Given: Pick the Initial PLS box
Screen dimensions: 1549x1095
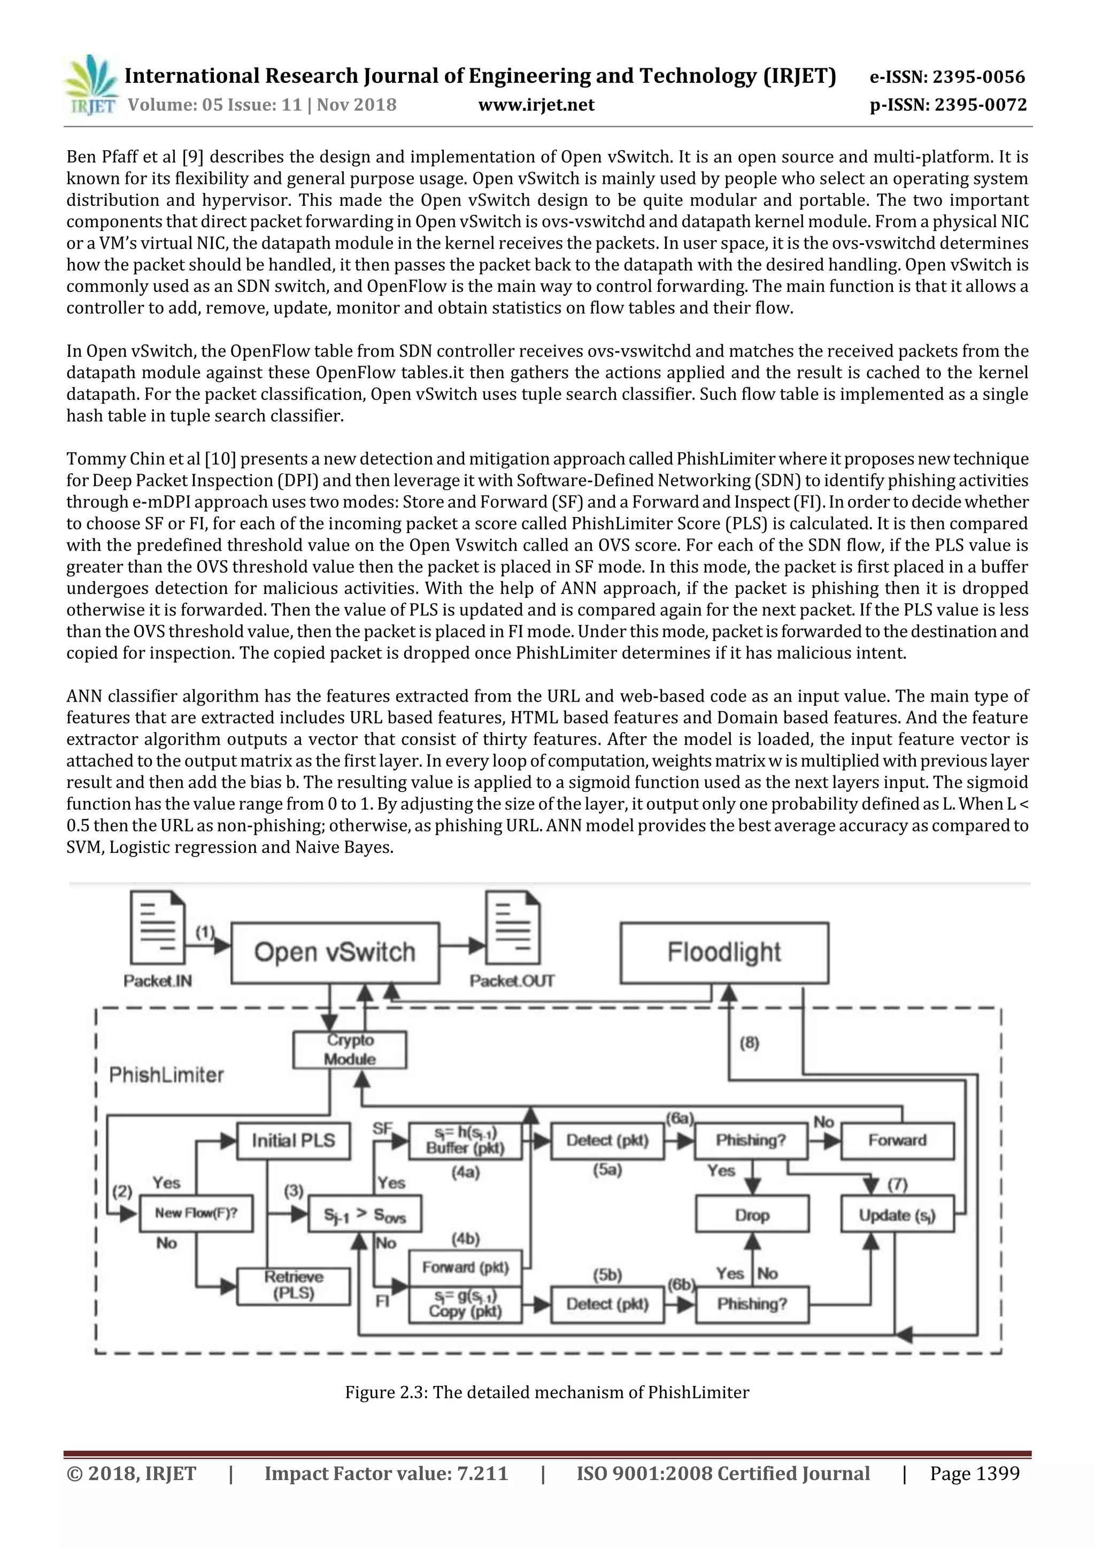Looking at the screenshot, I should [x=294, y=1140].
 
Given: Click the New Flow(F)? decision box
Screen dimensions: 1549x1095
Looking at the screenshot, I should [x=196, y=1213].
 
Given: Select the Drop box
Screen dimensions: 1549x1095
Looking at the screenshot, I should [x=752, y=1214].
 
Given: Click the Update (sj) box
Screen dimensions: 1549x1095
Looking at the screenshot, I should [x=897, y=1214].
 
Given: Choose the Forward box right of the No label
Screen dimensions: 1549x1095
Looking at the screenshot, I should [x=897, y=1140].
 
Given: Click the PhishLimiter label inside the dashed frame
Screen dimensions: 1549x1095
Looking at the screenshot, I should [x=166, y=1075].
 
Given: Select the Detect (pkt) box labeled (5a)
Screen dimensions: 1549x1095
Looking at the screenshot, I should [x=607, y=1140].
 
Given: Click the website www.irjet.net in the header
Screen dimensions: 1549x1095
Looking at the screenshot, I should [x=536, y=105].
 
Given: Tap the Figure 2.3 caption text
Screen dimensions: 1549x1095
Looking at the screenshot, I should [x=547, y=1392].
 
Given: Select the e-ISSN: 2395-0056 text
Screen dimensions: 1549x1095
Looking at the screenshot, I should [x=947, y=77].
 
